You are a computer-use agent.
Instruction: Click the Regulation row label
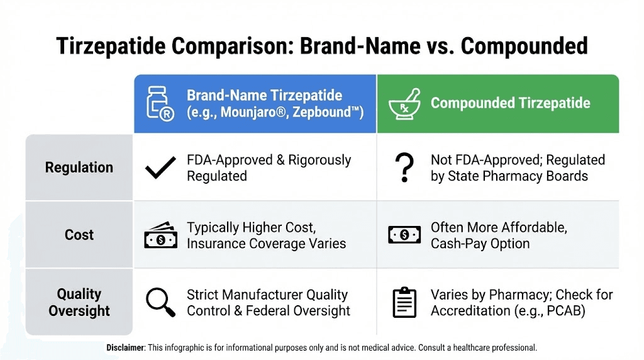[79, 167]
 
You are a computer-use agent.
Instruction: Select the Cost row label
[79, 235]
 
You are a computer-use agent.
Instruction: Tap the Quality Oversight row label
[79, 302]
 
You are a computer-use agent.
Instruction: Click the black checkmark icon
[160, 168]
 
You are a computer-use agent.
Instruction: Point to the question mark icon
[403, 168]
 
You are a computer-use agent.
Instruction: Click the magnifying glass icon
[160, 302]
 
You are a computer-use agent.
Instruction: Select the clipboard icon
[404, 302]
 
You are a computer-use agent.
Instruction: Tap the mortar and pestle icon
[404, 104]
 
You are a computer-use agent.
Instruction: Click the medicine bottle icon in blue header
[159, 103]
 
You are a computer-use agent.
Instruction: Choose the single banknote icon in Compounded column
[404, 235]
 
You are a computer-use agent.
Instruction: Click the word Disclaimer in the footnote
[125, 347]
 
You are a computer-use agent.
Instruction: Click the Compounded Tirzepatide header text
[510, 103]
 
